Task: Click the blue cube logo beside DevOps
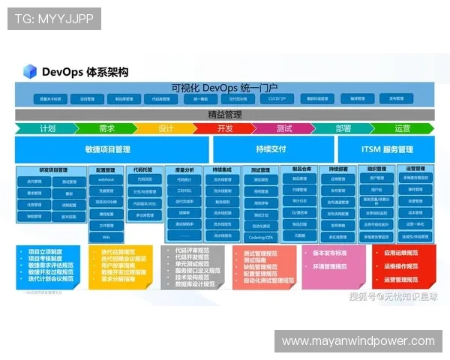pos(30,71)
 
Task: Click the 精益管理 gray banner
pos(224,115)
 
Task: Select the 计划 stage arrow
pos(46,128)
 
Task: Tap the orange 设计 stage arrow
pos(166,128)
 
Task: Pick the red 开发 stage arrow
pos(224,128)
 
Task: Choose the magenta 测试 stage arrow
pos(283,128)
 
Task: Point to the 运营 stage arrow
pos(403,128)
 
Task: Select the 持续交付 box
pos(270,149)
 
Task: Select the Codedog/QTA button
pos(260,237)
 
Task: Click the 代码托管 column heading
pos(144,169)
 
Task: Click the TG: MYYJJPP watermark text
pos(54,19)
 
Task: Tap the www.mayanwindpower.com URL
pos(358,341)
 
